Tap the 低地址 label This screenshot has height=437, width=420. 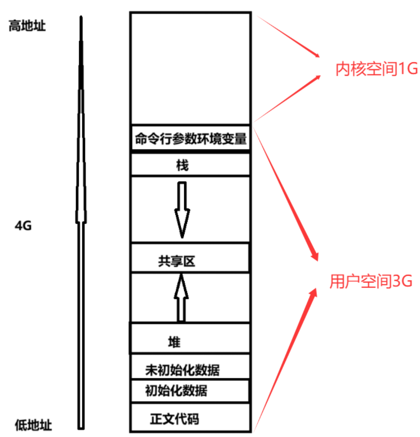33,425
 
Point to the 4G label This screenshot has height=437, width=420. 23,226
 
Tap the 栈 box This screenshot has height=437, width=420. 190,165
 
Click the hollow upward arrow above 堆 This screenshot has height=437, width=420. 181,297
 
